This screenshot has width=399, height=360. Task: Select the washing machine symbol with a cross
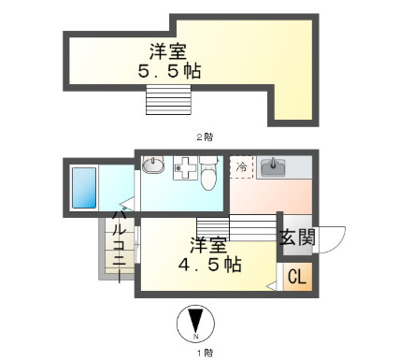[x=184, y=168]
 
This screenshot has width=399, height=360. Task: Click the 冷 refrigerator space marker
[x=241, y=168]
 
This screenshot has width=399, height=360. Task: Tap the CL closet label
[x=295, y=277]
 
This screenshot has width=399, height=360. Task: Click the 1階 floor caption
[x=205, y=352]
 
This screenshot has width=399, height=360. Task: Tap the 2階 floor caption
[x=204, y=137]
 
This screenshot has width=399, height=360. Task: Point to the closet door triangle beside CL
[x=271, y=282]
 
